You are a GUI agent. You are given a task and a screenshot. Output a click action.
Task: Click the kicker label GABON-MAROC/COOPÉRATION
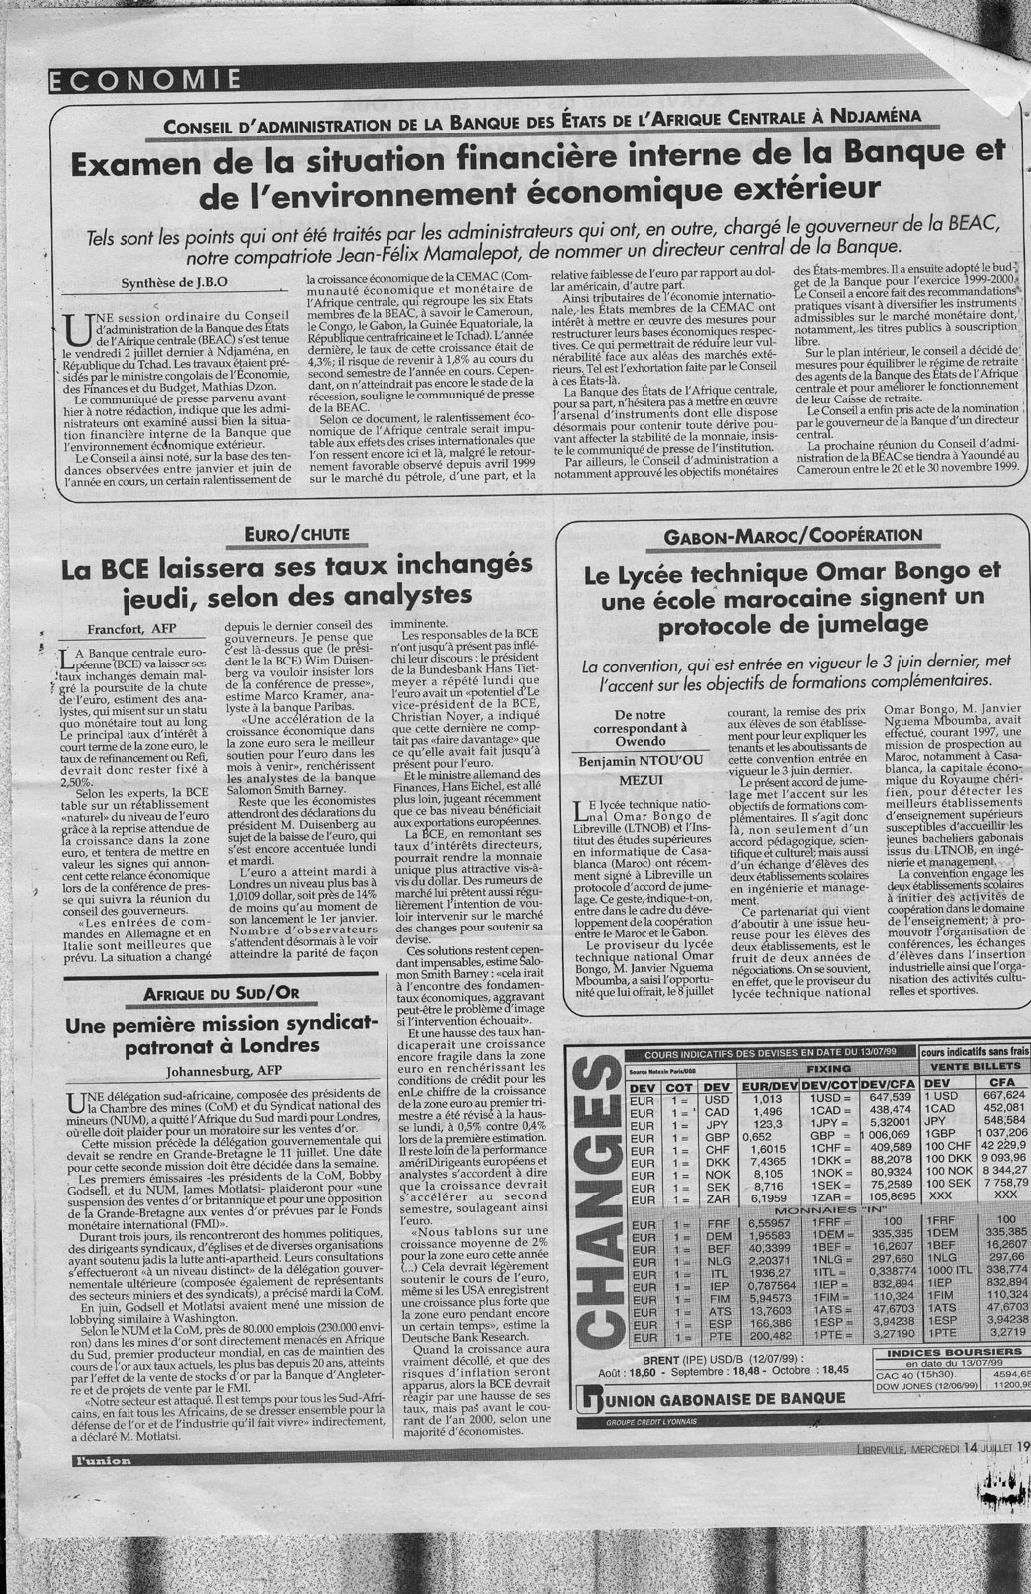tap(792, 536)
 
